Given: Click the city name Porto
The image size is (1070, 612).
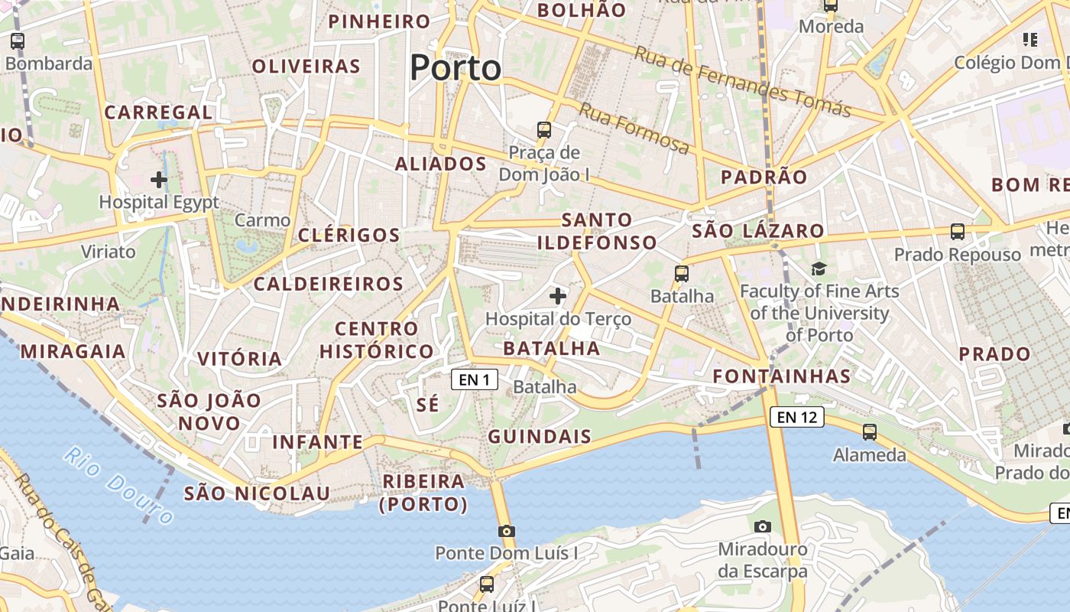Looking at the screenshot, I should click(x=456, y=68).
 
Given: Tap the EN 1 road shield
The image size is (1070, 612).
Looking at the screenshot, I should click(x=475, y=379).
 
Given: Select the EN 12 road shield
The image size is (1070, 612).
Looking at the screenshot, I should click(x=796, y=417).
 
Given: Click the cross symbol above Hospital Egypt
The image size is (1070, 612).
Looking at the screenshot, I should click(x=159, y=180).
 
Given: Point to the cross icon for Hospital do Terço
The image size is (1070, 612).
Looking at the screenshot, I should click(x=558, y=295).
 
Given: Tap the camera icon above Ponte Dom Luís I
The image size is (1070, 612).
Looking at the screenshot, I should click(x=506, y=531).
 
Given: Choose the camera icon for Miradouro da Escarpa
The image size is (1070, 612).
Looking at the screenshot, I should click(x=762, y=526).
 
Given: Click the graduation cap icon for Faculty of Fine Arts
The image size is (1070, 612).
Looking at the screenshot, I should click(x=819, y=269).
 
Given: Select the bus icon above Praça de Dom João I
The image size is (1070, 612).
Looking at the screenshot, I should click(x=544, y=130).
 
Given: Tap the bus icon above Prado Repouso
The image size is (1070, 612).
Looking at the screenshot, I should click(x=958, y=231).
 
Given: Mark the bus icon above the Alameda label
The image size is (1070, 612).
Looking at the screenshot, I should click(x=870, y=431).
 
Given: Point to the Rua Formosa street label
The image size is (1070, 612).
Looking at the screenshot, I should click(x=634, y=128).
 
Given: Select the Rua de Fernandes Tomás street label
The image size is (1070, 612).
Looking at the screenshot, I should click(x=743, y=82).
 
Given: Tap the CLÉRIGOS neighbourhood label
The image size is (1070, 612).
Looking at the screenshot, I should click(x=349, y=235).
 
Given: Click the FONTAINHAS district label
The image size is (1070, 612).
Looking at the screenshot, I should click(x=782, y=376).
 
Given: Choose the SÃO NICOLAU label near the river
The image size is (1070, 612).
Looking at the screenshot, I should click(x=257, y=493).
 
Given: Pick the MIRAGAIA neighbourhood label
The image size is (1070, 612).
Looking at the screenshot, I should click(x=73, y=351).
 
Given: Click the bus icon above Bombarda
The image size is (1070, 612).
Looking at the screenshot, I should click(x=18, y=41).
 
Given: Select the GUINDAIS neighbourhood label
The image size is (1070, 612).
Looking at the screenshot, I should click(x=540, y=437).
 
